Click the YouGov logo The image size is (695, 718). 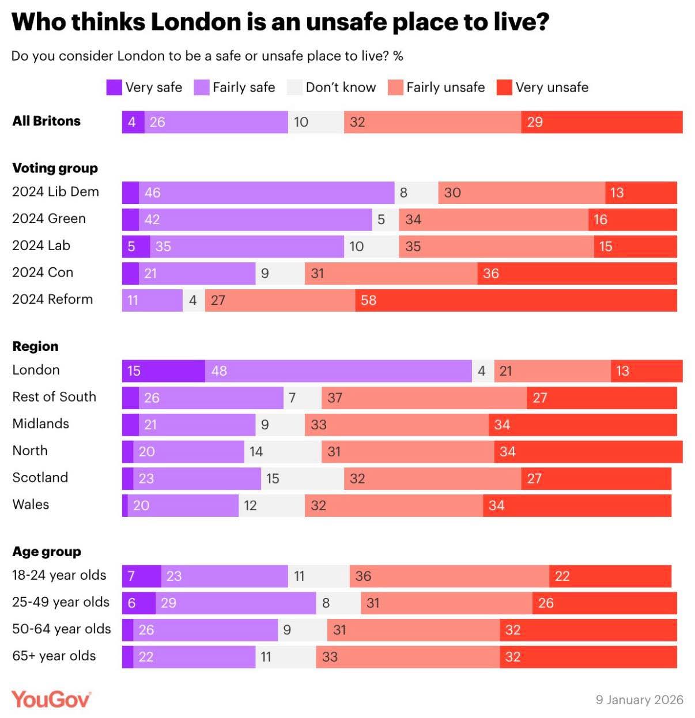coord(51,699)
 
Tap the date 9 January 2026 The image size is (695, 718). coord(639,700)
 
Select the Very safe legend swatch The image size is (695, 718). coord(114,88)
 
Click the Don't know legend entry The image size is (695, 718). coord(331,88)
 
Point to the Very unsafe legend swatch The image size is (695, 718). coord(504,88)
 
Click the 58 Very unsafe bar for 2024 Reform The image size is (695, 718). coord(516,300)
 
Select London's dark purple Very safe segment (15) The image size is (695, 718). coord(164,371)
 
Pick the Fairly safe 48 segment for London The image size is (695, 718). coord(338,371)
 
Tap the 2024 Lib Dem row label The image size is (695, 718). coord(55,192)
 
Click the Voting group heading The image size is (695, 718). coord(55,168)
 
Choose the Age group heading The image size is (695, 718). coord(47,551)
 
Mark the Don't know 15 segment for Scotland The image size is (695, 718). coord(303,478)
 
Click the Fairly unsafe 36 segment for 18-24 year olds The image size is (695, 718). coord(450,576)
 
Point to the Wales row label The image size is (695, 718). coord(31,504)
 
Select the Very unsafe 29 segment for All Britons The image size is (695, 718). coord(602,122)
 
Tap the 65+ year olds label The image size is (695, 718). coord(54,656)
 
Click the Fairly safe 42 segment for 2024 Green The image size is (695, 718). coord(255,220)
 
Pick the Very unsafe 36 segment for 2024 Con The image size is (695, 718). coord(577,273)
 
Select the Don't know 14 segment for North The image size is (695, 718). coord(283,452)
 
